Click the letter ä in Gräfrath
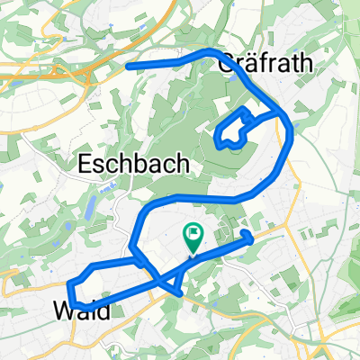pos(253,64)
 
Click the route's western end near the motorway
pos(129,65)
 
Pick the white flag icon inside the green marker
pos(193,236)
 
